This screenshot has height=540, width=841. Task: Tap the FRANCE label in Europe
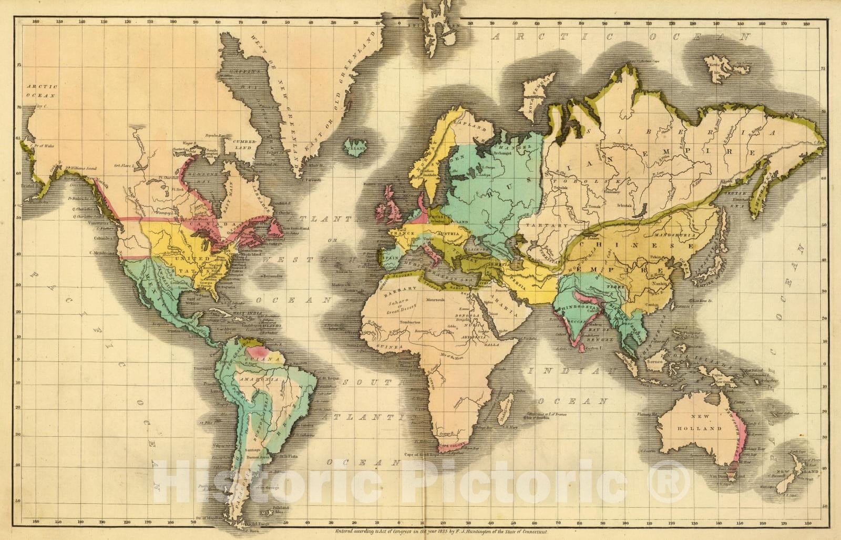404,233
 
